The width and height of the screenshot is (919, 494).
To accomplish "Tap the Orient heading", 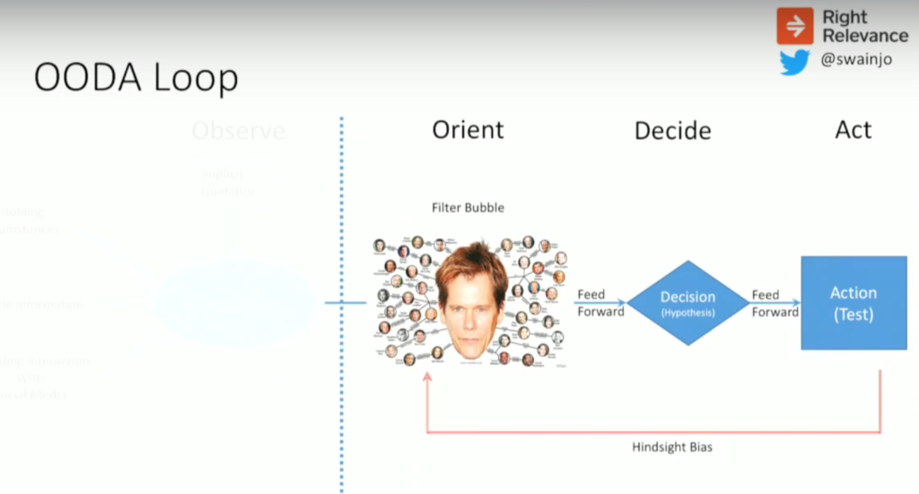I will pos(468,129).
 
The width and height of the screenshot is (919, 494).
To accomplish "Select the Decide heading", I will pos(672,131).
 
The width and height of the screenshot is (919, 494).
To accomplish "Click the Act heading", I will pos(853,129).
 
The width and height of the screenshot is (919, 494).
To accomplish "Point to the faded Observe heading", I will pos(238,131).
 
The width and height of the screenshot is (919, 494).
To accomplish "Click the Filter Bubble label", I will pos(468,208).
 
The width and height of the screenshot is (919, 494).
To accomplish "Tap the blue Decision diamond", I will pos(687,303).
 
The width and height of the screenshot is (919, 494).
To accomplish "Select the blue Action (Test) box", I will pos(853,303).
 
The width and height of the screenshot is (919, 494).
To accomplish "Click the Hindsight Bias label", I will pos(671,446).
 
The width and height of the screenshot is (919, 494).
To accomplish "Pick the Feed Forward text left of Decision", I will pos(600,303).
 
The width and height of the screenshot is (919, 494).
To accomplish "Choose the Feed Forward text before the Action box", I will pos(775,303).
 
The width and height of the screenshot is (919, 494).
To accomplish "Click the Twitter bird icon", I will pos(794,63).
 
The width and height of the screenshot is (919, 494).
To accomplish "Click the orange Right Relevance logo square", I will pos(795,26).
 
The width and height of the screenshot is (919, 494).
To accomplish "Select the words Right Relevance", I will pos(864,26).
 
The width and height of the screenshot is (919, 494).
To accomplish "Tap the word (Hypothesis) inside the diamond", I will pos(687,314).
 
